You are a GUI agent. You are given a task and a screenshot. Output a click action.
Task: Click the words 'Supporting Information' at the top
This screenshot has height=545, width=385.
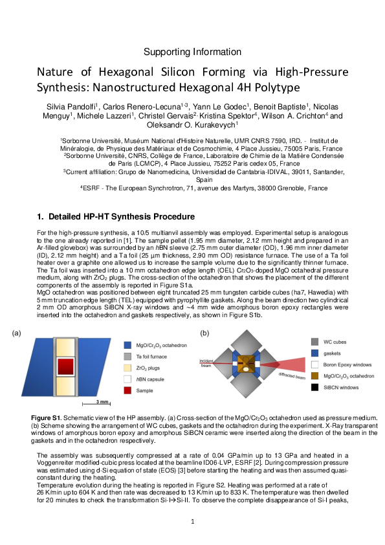tap(192, 52)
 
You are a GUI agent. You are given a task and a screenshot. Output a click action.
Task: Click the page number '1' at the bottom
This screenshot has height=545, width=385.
tap(192, 521)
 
